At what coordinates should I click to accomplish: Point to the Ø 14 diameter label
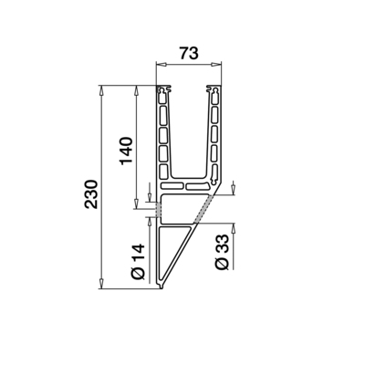138,260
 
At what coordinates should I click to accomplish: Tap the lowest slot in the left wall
165,170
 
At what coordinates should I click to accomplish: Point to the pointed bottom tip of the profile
162,287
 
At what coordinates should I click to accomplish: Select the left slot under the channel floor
173,185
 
